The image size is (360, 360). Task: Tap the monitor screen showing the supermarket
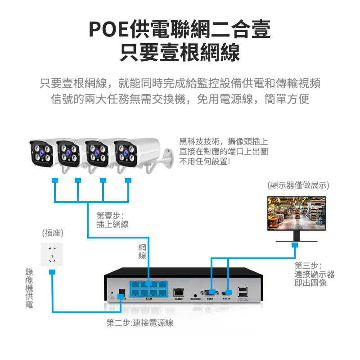297,213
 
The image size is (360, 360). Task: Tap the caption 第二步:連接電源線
140,323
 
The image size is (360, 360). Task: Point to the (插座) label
52,233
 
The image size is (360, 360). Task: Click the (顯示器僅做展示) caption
298,185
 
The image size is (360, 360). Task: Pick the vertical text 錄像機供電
29,288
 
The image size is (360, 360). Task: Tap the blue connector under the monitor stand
295,245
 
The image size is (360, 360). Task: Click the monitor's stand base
295,240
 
